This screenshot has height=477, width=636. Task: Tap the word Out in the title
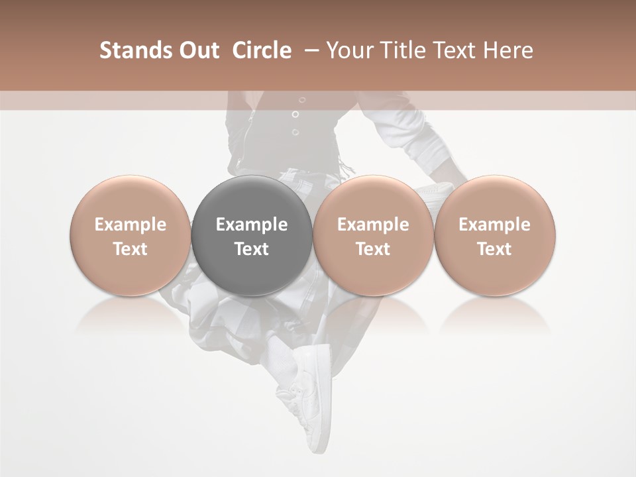click(x=197, y=50)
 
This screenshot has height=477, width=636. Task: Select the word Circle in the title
click(x=262, y=50)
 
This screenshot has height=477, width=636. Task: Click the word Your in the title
click(x=348, y=50)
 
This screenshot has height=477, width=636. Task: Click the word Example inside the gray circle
click(x=252, y=225)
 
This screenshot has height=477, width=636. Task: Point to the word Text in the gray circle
click(x=252, y=249)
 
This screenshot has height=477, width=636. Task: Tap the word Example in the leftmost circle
click(x=130, y=225)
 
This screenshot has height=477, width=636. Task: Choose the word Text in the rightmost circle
click(x=494, y=249)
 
